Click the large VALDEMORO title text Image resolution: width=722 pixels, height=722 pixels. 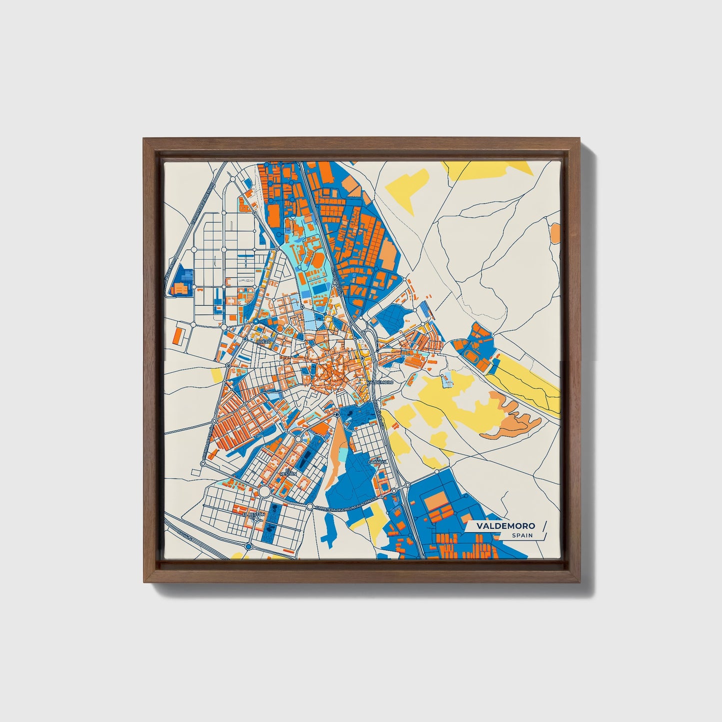click(505, 526)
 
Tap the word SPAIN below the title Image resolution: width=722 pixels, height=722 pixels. click(522, 536)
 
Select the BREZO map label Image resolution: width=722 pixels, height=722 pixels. click(263, 341)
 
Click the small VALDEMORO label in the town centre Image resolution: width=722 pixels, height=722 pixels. click(381, 382)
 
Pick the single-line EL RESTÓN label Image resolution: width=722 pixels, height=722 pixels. click(254, 514)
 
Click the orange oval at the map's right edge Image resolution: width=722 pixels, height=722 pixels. click(555, 232)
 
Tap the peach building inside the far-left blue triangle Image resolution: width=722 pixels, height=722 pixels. click(180, 289)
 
